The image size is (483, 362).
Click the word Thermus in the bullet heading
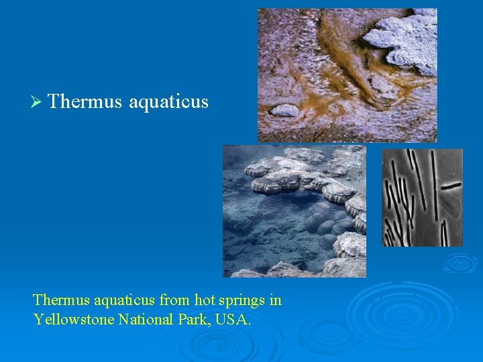click(x=85, y=102)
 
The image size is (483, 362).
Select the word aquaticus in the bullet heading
click(x=168, y=102)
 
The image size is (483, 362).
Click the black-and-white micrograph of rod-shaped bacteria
click(x=422, y=198)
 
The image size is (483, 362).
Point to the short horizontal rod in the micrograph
click(x=451, y=184)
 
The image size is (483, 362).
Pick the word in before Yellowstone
click(x=274, y=300)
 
